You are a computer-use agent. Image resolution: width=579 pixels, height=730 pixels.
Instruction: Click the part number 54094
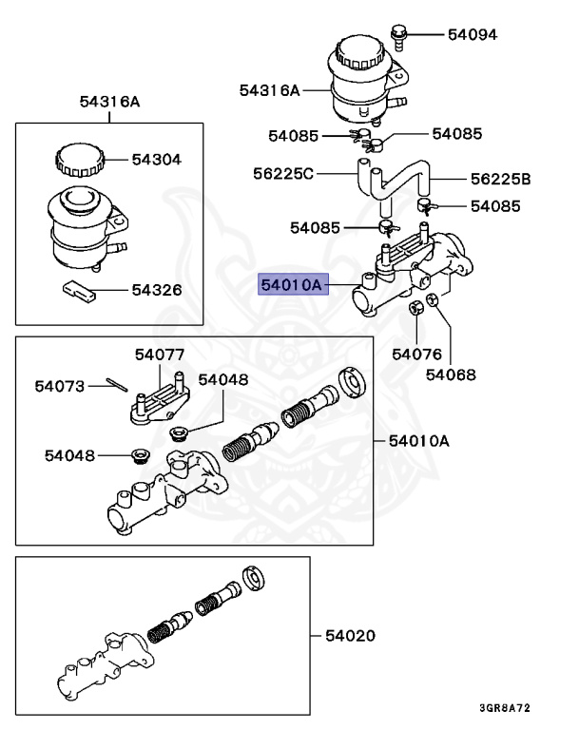pyautogui.click(x=473, y=34)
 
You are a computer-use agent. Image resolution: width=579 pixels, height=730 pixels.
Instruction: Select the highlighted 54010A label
pyautogui.click(x=293, y=283)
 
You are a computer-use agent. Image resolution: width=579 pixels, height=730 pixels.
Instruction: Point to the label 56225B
pyautogui.click(x=500, y=179)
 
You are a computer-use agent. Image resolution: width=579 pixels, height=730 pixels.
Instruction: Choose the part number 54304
pyautogui.click(x=156, y=160)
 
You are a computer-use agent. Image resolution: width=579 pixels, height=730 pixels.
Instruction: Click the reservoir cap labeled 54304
pyautogui.click(x=77, y=158)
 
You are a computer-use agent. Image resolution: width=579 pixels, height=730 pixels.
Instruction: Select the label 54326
pyautogui.click(x=156, y=290)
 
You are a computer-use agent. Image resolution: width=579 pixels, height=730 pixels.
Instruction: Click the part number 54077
pyautogui.click(x=159, y=355)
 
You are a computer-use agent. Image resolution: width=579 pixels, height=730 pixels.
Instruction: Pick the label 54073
pyautogui.click(x=60, y=386)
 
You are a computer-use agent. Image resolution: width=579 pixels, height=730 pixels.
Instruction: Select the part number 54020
pyautogui.click(x=351, y=634)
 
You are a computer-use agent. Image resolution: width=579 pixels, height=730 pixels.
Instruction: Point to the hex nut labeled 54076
pyautogui.click(x=415, y=308)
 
